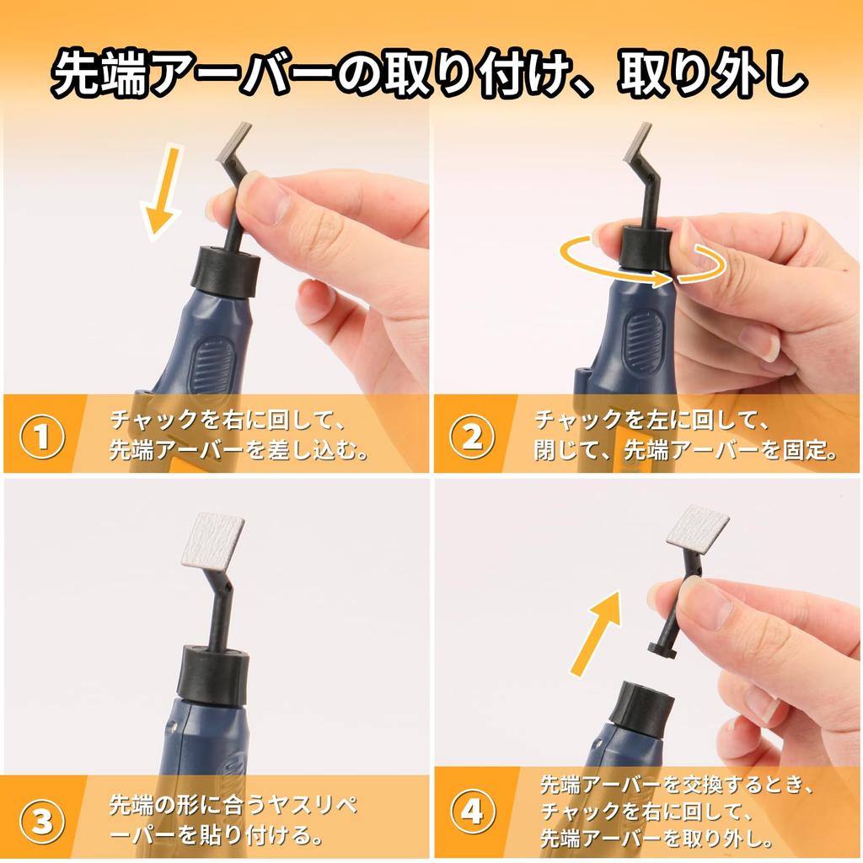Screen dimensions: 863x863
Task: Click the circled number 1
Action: click(x=42, y=437)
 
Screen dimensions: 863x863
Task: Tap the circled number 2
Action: click(x=472, y=437)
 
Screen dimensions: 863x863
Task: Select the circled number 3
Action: click(x=42, y=823)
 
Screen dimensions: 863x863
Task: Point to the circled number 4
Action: click(x=473, y=812)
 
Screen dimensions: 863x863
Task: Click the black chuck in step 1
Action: click(x=225, y=272)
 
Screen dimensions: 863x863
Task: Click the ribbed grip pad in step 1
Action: click(x=212, y=366)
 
